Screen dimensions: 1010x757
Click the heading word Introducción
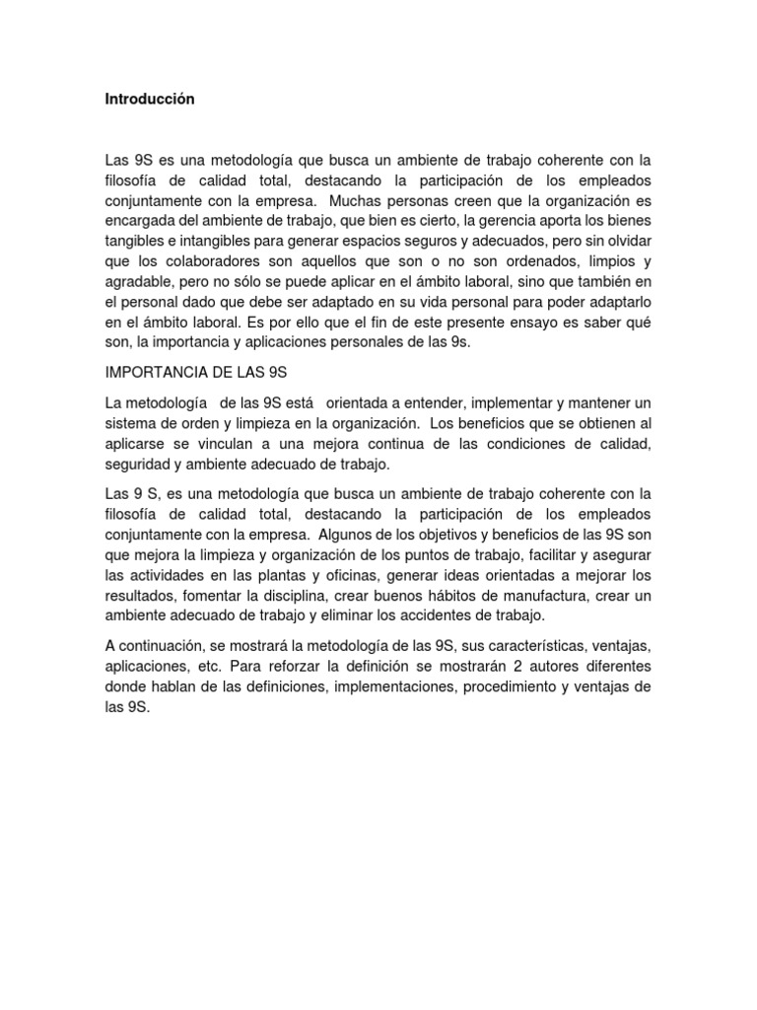tap(150, 100)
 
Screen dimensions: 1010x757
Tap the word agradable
tap(137, 281)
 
